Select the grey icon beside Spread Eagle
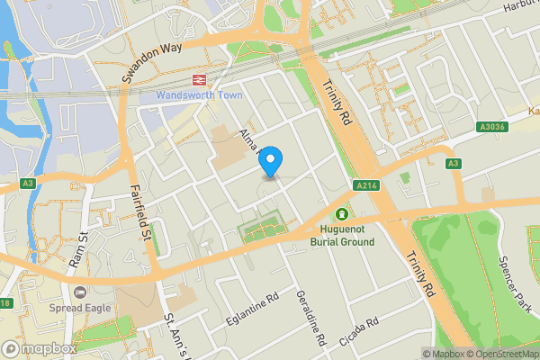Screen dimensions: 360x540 79,292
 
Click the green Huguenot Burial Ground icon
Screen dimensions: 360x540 342,213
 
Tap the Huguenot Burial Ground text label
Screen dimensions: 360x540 342,236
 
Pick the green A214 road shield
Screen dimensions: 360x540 364,186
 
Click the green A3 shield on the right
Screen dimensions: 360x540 454,163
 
